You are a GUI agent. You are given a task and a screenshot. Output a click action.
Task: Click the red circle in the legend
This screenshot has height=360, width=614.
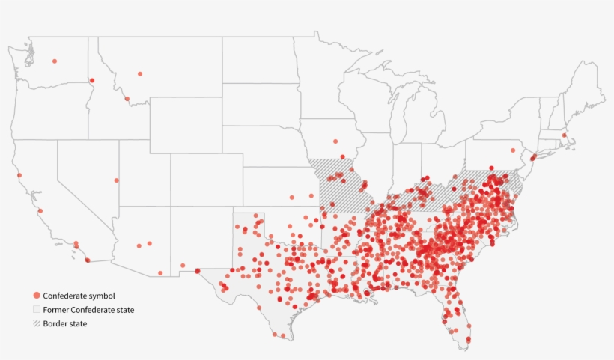pos(37,296)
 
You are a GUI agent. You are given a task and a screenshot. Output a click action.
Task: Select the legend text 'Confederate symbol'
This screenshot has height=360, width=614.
pos(79,296)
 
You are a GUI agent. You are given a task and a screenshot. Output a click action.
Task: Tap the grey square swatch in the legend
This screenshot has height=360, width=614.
pos(37,310)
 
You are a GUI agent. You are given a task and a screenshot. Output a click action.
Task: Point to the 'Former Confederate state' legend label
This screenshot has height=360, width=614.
pos(89,310)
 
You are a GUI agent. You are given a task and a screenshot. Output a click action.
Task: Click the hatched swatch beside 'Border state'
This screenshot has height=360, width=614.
pos(37,323)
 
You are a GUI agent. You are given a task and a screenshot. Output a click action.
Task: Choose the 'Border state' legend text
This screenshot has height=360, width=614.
pos(65,323)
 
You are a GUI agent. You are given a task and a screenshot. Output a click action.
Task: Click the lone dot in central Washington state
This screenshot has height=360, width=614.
pos(55,61)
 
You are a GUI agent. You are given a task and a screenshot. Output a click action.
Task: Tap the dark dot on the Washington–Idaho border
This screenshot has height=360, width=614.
pos(92,80)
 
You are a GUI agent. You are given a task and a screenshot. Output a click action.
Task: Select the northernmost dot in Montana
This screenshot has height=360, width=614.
pos(140,73)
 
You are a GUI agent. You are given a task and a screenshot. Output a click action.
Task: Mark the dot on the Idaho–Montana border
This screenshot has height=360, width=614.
pos(127,99)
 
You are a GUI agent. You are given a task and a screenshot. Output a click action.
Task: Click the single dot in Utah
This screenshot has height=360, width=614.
pos(117,180)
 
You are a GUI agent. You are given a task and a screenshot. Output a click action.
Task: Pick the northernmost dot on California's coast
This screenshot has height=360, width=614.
pos(19,175)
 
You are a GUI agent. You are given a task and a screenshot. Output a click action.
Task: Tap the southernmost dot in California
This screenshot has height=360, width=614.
pos(88,260)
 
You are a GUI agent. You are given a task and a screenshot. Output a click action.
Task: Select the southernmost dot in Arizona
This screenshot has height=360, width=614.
pos(160,273)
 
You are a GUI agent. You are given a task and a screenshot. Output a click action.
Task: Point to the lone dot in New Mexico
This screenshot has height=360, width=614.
pos(183,265)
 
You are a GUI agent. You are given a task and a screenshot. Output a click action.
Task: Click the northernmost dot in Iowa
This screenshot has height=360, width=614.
pos(335,141)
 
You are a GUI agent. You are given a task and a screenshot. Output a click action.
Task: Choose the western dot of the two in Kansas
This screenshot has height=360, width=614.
pos(292,197)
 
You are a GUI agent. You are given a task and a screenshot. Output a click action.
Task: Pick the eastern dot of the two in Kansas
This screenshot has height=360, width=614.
pos(312,195)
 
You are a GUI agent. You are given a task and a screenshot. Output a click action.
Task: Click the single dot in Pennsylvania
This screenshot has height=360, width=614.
pos(513,150)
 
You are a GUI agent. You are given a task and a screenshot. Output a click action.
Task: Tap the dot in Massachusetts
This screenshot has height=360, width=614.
pos(564,135)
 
